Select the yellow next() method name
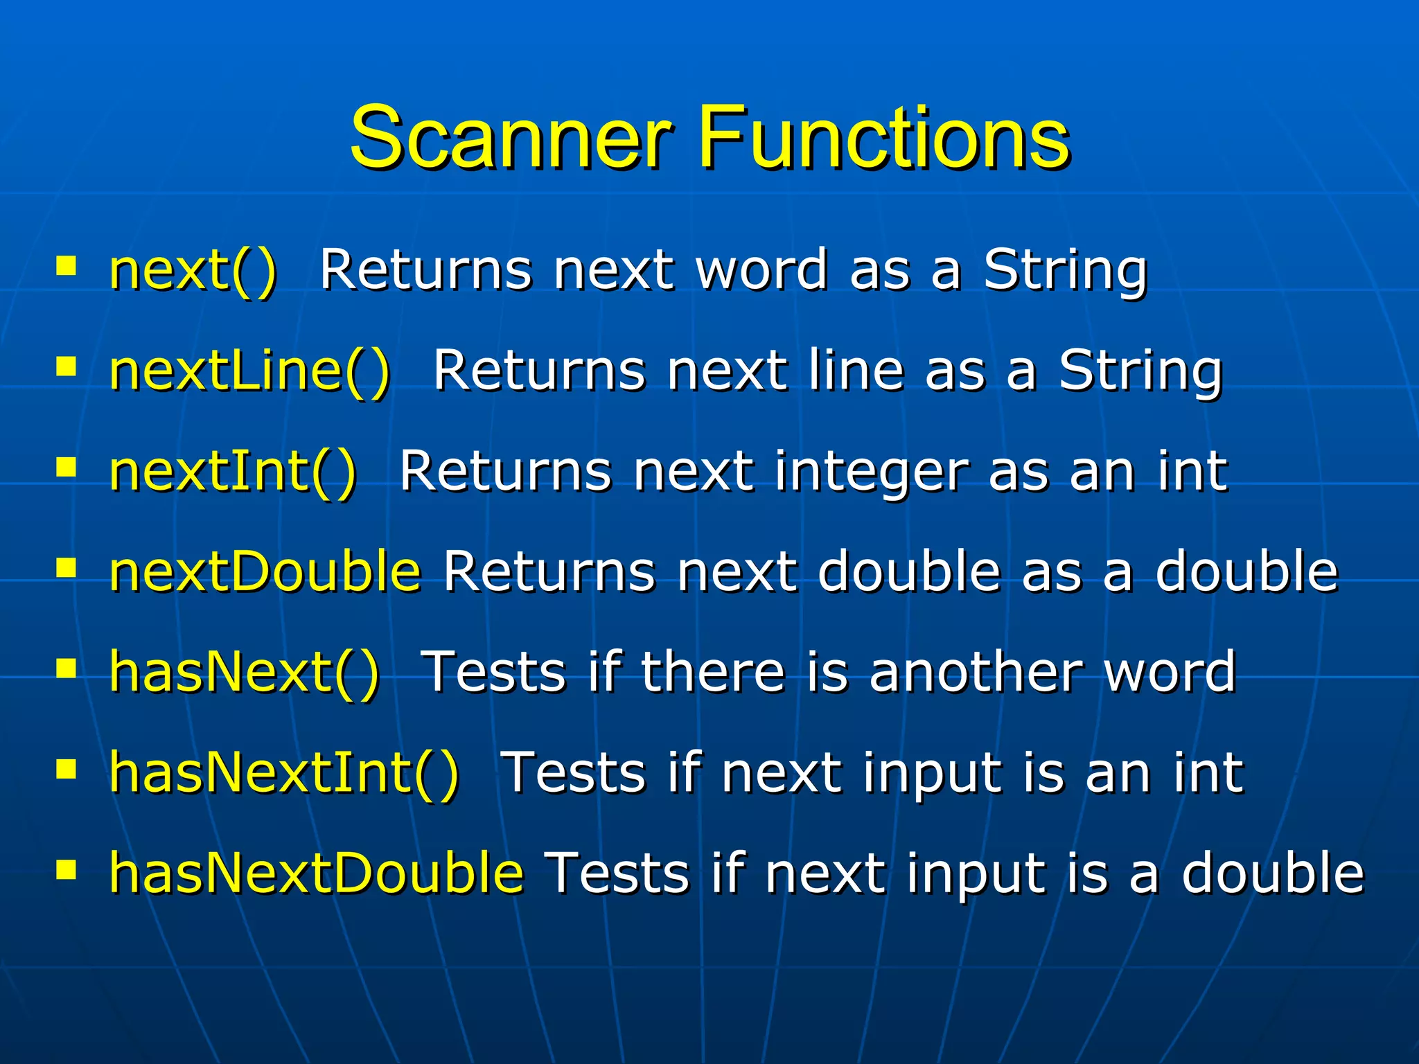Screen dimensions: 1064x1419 click(193, 270)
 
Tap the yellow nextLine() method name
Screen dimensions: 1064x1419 click(249, 371)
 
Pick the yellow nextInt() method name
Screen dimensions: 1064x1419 click(233, 472)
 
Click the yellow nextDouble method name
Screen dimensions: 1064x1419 click(265, 571)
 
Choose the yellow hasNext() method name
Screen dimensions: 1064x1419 click(244, 672)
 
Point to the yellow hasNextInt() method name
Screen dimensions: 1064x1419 click(284, 772)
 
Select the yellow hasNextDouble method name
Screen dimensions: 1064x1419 click(316, 873)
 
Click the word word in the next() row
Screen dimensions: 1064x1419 click(761, 270)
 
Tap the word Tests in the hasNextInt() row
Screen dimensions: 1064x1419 click(574, 772)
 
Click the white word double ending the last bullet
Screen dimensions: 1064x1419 click(1272, 873)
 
